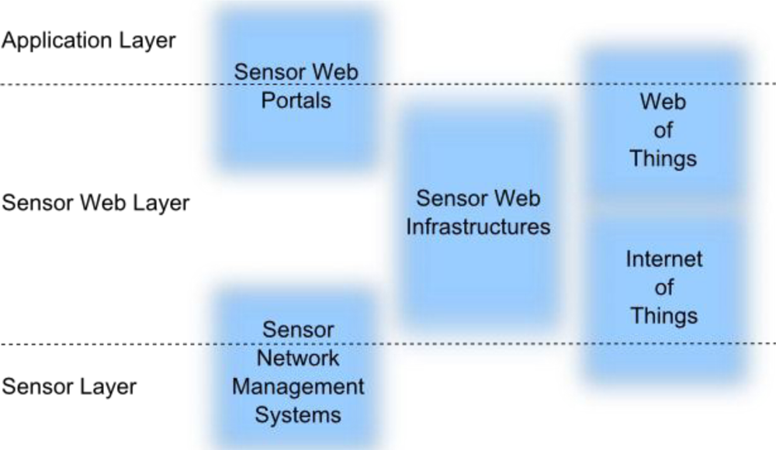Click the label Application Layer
click(x=88, y=41)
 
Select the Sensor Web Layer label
click(x=95, y=203)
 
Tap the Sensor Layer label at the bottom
click(x=69, y=386)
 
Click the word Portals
click(x=296, y=101)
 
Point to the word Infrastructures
click(x=478, y=227)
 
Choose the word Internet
click(x=663, y=259)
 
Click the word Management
click(x=298, y=386)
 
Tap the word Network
click(x=298, y=358)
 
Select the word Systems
click(x=298, y=415)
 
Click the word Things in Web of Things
click(x=663, y=159)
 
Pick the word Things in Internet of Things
click(x=663, y=316)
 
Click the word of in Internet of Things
click(x=663, y=288)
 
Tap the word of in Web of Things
click(x=663, y=131)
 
